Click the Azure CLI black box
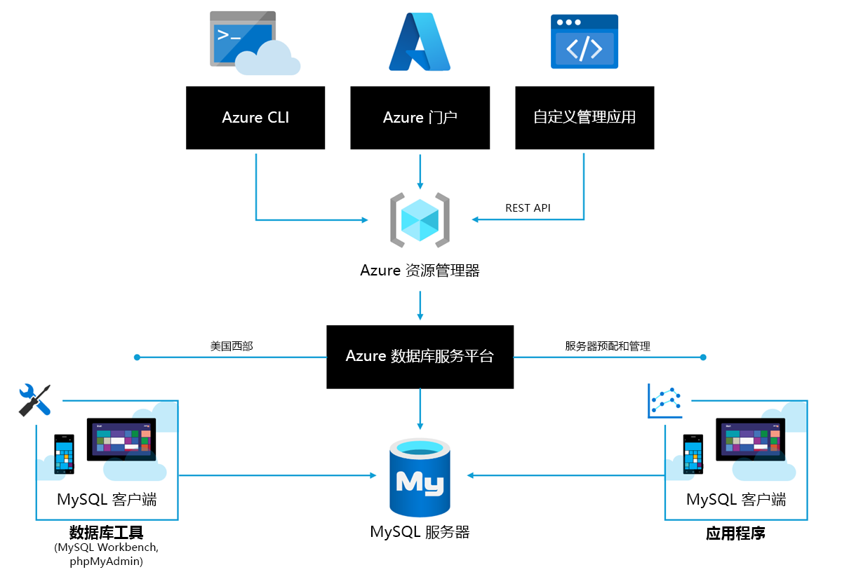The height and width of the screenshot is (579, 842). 255,118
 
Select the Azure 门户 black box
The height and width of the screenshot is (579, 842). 420,118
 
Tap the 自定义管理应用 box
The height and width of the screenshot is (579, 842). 584,118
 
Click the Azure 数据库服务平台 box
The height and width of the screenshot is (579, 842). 420,357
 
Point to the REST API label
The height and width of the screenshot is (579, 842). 528,208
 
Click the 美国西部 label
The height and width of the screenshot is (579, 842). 232,346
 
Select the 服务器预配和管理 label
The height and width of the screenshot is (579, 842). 608,346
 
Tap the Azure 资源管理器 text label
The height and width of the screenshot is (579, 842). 420,271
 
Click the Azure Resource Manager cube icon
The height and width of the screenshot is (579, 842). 420,220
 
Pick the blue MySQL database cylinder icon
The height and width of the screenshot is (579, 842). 420,477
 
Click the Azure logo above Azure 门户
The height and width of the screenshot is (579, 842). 420,41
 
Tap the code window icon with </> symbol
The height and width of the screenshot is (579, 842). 584,41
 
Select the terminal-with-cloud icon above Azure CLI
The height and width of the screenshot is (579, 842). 255,43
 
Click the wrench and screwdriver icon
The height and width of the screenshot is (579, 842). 34,400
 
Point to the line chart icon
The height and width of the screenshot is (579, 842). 664,401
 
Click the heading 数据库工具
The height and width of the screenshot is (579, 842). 107,533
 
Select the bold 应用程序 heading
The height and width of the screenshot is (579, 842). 735,533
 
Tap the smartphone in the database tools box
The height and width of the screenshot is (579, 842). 65,454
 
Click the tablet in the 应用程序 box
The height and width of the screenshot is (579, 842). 750,440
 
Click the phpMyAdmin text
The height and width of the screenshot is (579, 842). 107,561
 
